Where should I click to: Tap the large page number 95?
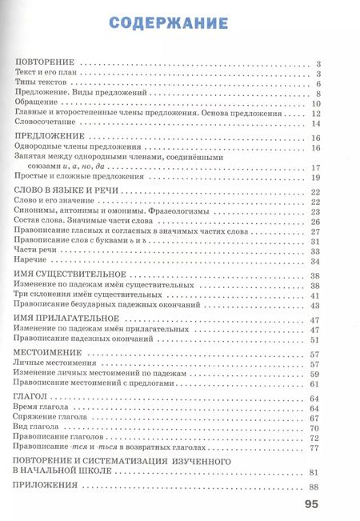[311, 504]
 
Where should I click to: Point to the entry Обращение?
[36, 103]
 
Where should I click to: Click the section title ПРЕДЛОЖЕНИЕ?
[47, 138]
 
